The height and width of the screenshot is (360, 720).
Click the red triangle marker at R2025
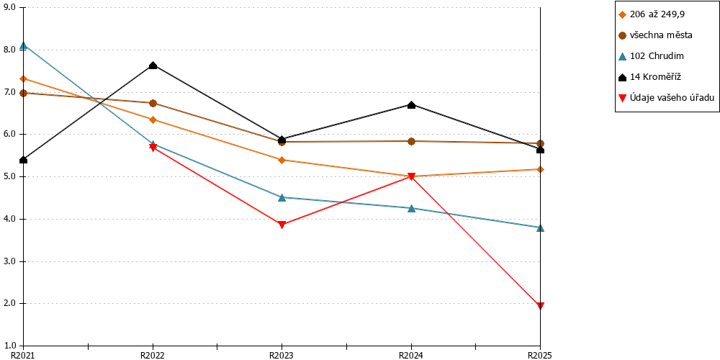[x=541, y=306]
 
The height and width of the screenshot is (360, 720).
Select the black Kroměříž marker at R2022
[x=153, y=66]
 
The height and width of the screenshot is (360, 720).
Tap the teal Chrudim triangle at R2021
[x=24, y=45]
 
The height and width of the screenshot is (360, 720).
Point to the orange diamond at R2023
[x=282, y=160]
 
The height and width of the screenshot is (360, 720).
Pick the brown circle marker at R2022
[x=153, y=103]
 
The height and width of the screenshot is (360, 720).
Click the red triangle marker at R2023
[x=282, y=225]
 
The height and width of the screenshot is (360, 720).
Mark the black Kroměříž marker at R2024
[x=411, y=104]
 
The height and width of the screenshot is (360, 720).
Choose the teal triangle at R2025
[x=541, y=228]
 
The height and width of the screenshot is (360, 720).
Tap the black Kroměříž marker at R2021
[x=24, y=160]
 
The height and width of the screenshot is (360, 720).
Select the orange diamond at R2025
[x=541, y=169]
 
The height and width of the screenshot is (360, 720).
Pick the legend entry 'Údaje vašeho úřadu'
[x=666, y=98]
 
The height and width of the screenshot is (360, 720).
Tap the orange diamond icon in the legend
[x=623, y=14]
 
